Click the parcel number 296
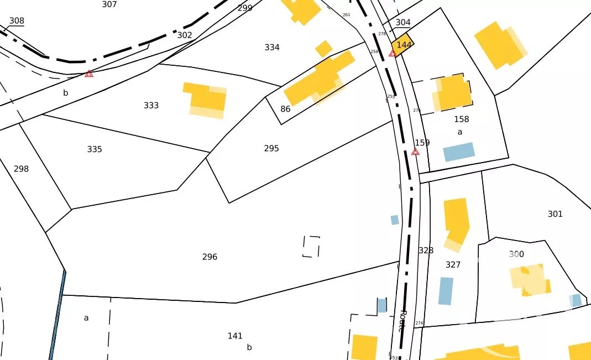point(210,257)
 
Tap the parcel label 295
point(271,149)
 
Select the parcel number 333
point(151,106)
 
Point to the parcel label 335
point(95,149)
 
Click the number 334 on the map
point(272,48)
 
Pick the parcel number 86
point(285,109)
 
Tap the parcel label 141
point(235,336)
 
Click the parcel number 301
point(555,214)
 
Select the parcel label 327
point(453,265)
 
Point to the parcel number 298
point(21,169)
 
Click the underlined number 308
point(17,21)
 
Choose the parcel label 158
point(461,119)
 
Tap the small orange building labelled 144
point(403,45)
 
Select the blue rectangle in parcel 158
point(459,152)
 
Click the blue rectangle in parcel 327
point(446,291)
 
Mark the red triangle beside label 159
point(415,152)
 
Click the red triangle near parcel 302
point(89,74)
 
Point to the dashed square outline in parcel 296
point(311,247)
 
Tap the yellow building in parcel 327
point(457,221)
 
